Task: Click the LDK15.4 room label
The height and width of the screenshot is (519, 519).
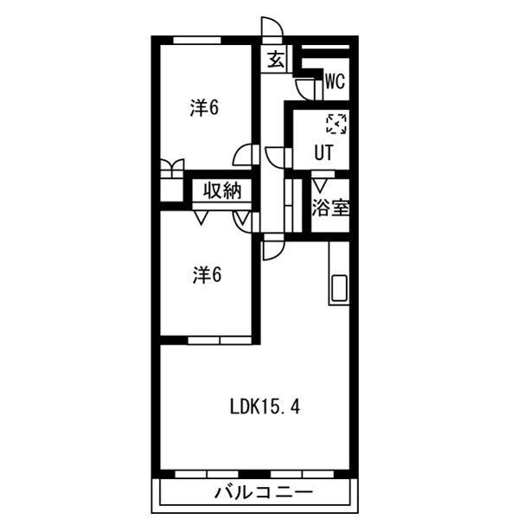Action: pyautogui.click(x=265, y=407)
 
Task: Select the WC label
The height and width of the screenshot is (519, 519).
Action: pyautogui.click(x=336, y=81)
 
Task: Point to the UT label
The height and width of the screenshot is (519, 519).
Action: pyautogui.click(x=324, y=152)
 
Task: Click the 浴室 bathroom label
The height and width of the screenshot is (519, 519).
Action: pyautogui.click(x=330, y=208)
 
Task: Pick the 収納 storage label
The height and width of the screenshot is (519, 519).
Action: pyautogui.click(x=222, y=190)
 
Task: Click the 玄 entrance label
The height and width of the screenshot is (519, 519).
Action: pyautogui.click(x=276, y=60)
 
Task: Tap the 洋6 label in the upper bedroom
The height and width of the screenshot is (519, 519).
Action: pyautogui.click(x=204, y=107)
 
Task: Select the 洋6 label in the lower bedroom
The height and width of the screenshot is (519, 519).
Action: pyautogui.click(x=207, y=275)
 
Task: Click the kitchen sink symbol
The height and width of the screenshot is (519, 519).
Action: pyautogui.click(x=339, y=288)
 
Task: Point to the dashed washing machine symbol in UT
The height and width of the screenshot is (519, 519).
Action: pyautogui.click(x=336, y=124)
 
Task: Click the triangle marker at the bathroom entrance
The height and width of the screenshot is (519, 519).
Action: pyautogui.click(x=320, y=186)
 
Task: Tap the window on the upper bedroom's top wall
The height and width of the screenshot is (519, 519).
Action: pyautogui.click(x=197, y=41)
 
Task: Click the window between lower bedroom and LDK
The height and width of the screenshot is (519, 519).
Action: pyautogui.click(x=220, y=341)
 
